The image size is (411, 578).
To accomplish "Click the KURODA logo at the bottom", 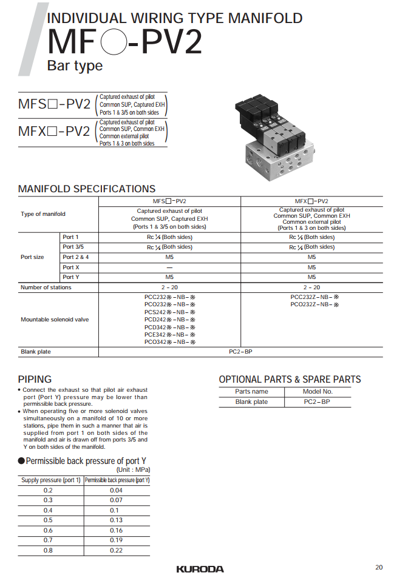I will [200, 569].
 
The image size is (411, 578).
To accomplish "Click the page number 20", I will [379, 568].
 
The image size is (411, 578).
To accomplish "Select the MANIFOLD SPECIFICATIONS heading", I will [87, 189].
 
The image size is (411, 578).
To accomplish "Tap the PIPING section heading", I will [35, 379].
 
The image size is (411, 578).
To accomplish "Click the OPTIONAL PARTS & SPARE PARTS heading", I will [290, 380].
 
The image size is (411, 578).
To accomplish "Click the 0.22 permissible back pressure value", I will [117, 550].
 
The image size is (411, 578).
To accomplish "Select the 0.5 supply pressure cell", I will [48, 520].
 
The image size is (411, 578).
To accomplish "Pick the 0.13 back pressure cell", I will [117, 520].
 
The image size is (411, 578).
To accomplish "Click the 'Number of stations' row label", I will [46, 287].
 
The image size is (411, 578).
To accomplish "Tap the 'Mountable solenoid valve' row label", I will [55, 320].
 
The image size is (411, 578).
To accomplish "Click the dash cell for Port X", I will [169, 267].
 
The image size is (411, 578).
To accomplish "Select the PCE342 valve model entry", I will [169, 334].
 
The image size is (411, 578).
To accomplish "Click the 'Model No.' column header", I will [318, 392].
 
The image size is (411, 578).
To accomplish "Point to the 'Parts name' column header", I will [251, 392].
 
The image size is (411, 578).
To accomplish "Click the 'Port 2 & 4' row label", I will [76, 257].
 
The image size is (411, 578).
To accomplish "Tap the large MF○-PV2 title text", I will [125, 42].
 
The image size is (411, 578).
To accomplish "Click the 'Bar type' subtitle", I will [75, 66].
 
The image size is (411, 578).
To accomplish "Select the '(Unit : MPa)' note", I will [133, 470].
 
